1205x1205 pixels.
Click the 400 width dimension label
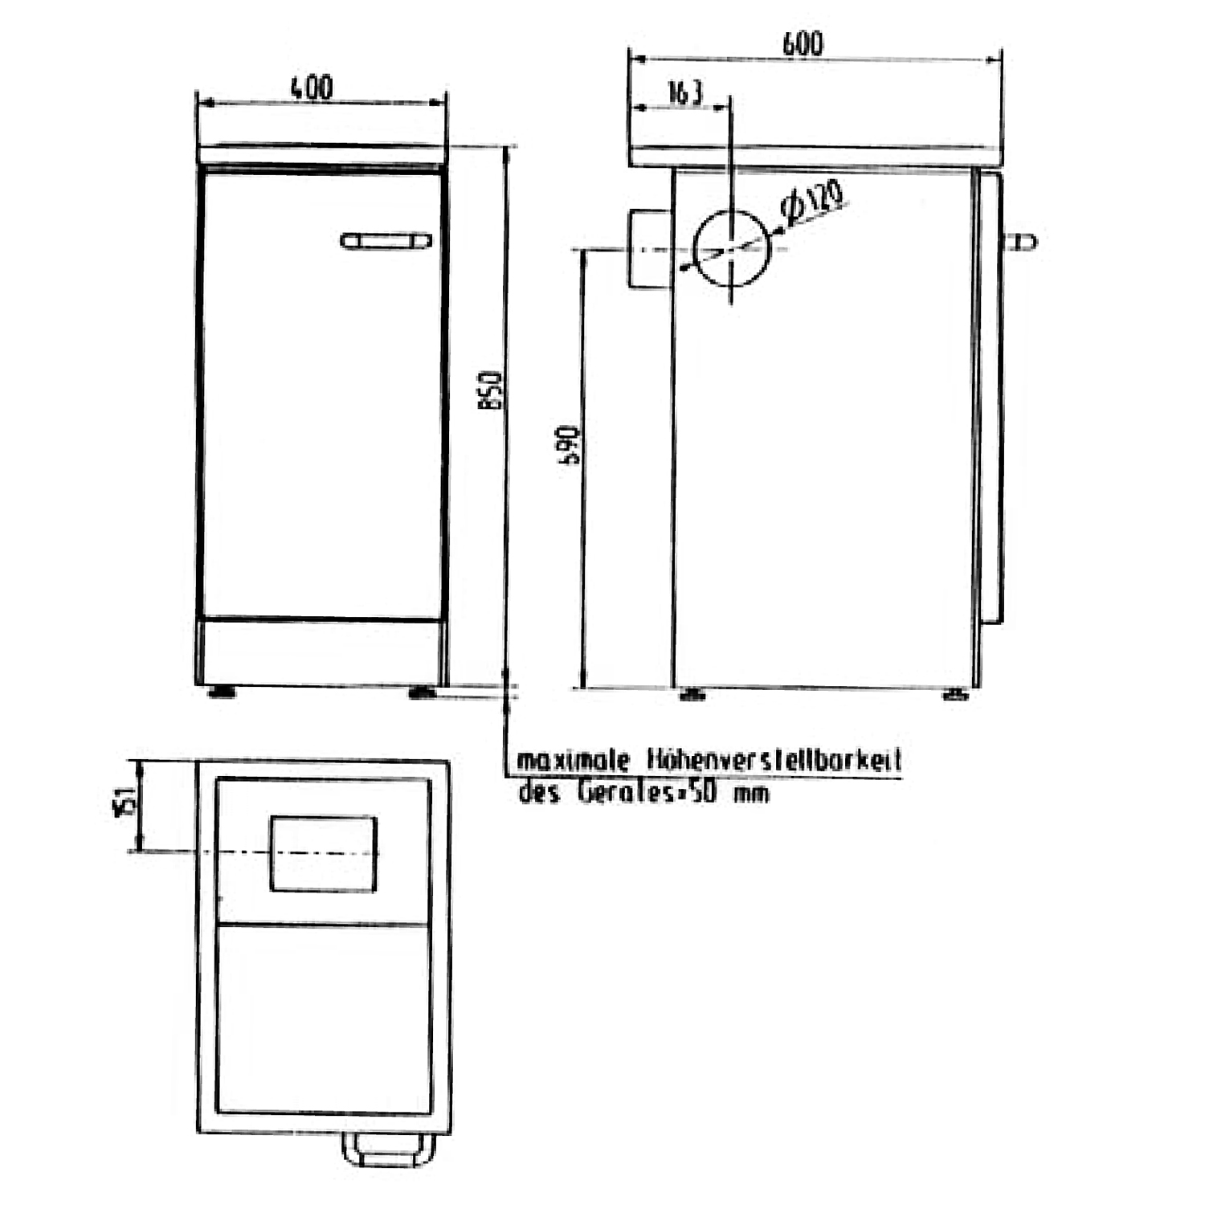click(312, 87)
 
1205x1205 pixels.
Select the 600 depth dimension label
click(803, 43)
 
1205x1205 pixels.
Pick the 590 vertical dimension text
click(569, 446)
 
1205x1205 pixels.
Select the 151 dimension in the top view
click(125, 802)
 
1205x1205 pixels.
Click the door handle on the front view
click(386, 240)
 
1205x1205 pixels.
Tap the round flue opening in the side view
click(731, 249)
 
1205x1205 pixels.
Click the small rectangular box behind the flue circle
click(647, 249)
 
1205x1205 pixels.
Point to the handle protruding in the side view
click(1020, 241)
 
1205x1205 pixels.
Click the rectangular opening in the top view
click(323, 853)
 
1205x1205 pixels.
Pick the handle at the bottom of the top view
click(389, 1150)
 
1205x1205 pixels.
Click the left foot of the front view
click(222, 692)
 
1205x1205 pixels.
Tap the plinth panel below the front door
click(321, 652)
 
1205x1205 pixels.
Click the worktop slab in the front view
click(321, 157)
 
